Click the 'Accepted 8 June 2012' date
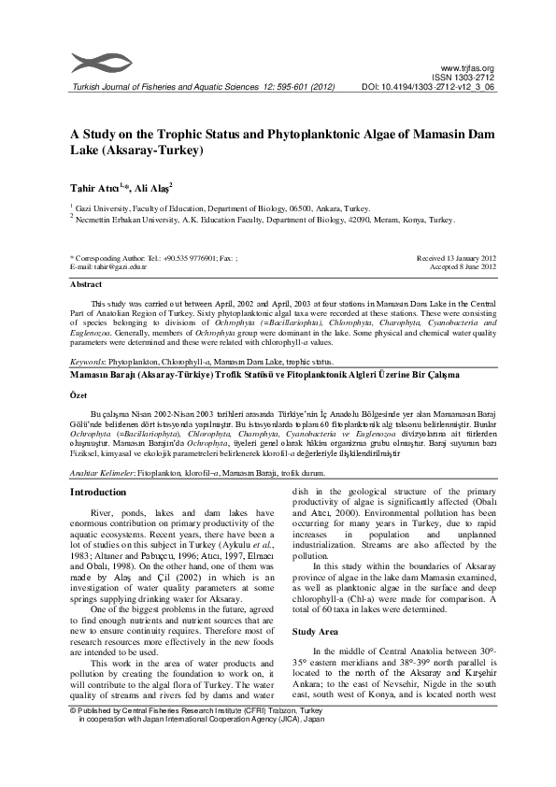(460, 266)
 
